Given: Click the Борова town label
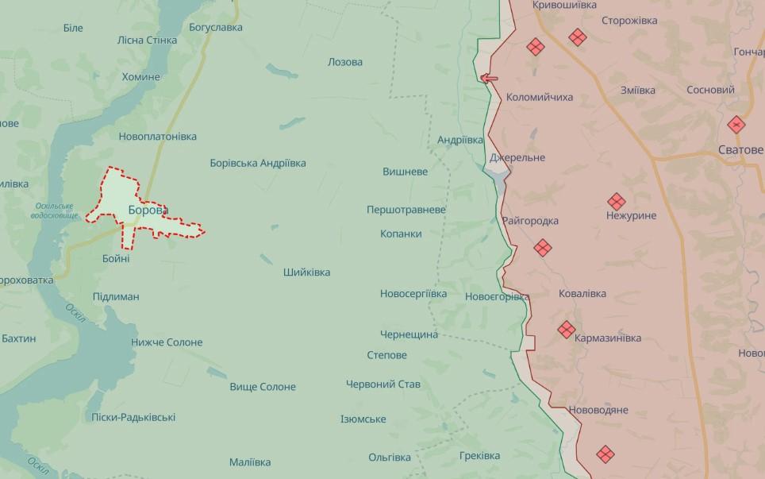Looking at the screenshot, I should (x=148, y=211).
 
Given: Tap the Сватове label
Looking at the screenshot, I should (x=740, y=149).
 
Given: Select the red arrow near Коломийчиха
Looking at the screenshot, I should (x=489, y=78).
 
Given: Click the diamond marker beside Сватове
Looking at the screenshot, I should (x=736, y=125).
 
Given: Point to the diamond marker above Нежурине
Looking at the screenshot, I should (x=616, y=202).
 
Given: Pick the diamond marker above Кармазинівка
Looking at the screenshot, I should (x=566, y=329).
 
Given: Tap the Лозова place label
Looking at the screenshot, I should (x=345, y=62).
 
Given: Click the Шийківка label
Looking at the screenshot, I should (x=306, y=272).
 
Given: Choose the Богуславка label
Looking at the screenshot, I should (x=216, y=27).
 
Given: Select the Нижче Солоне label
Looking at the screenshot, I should (x=167, y=342).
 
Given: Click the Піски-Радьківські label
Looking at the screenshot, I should (x=133, y=417).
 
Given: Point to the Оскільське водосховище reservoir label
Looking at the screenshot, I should (x=55, y=211).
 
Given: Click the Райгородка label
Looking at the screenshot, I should (x=530, y=221).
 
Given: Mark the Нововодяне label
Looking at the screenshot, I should (x=598, y=410).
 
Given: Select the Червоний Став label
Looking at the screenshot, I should (x=383, y=384).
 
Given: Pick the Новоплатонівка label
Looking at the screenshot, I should (x=158, y=137).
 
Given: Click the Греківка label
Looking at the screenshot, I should (x=479, y=456).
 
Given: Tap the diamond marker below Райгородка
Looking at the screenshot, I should (x=543, y=248).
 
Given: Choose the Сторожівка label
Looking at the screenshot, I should (x=629, y=21).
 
